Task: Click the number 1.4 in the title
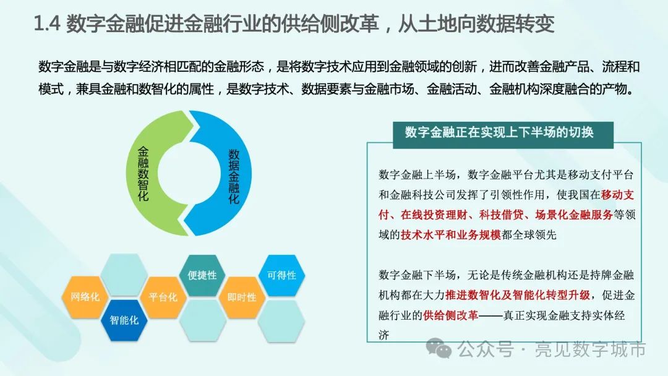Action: pos(47,23)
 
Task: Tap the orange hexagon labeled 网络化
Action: pos(85,297)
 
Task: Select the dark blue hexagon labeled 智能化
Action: pos(124,320)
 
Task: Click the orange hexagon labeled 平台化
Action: pos(163,297)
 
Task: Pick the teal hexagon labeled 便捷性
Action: pos(202,275)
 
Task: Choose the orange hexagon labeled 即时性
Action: pos(242,297)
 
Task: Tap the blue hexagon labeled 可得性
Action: pos(281,275)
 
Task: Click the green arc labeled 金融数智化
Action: pos(143,173)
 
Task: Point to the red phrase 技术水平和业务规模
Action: pos(451,235)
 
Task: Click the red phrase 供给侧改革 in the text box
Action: pos(450,315)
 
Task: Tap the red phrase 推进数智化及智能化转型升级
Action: pos(518,295)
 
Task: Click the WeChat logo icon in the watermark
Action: pos(439,348)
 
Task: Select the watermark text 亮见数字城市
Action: pos(591,349)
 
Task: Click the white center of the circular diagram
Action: pos(189,173)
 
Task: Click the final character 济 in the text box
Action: pos(384,336)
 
